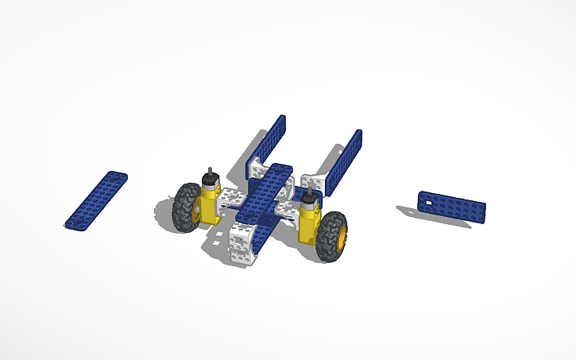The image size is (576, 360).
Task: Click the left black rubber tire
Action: click(188, 207)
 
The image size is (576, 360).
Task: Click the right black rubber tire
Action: click(330, 236)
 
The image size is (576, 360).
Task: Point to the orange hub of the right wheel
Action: click(342, 237)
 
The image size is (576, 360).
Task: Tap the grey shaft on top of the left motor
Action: click(211, 176)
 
